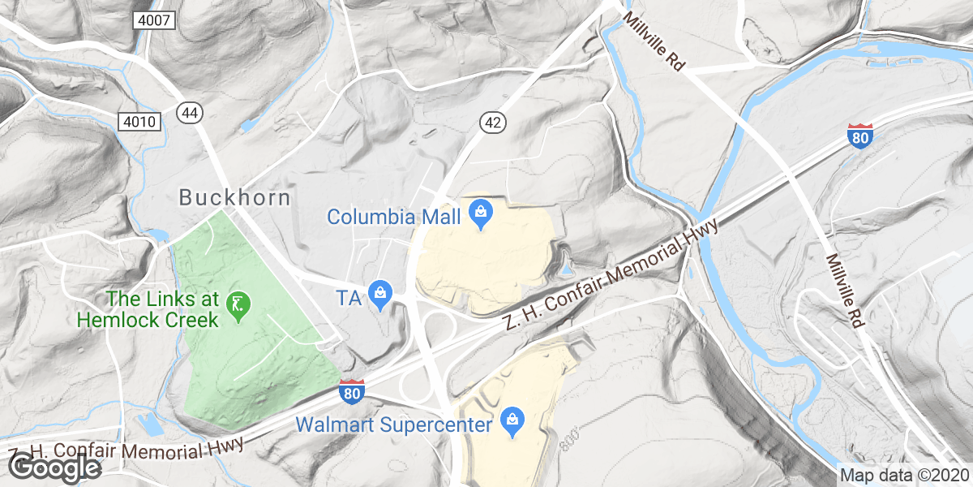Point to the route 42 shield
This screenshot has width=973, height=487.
click(x=493, y=121)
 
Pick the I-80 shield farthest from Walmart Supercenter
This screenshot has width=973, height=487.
click(x=859, y=136)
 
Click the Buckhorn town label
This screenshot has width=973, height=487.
click(x=234, y=197)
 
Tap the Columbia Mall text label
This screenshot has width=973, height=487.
click(x=394, y=217)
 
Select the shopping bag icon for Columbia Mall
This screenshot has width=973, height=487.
click(x=480, y=215)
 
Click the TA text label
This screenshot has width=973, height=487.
click(x=348, y=298)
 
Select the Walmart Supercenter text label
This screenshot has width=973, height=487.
click(x=394, y=425)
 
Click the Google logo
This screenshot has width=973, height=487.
click(x=54, y=467)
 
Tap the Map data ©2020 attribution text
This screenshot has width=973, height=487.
click(x=902, y=476)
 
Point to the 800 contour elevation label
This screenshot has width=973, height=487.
click(x=571, y=439)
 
